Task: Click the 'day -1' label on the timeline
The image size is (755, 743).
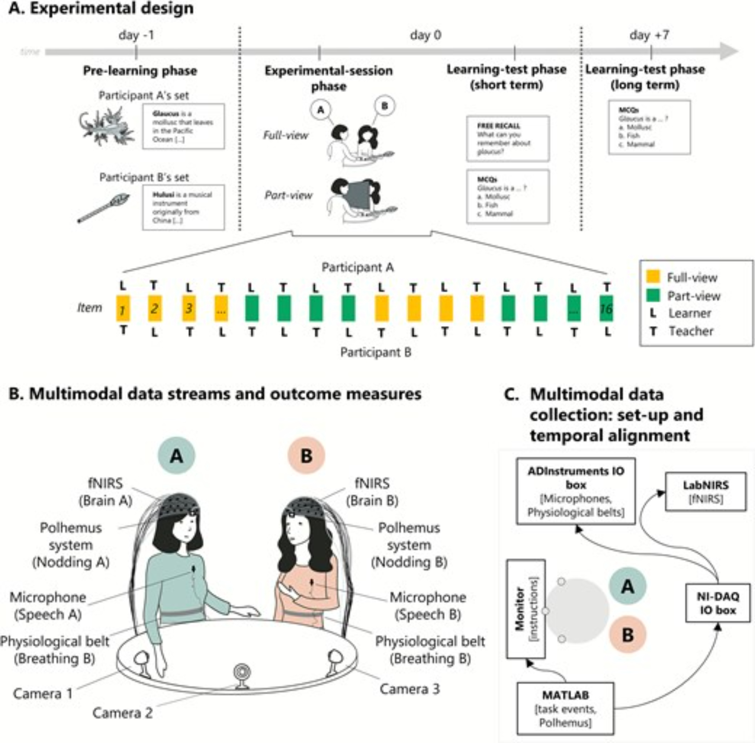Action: tap(136, 35)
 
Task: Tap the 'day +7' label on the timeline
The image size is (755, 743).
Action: tap(650, 35)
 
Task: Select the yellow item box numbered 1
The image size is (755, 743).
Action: tap(123, 309)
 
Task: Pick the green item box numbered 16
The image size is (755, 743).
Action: tap(606, 309)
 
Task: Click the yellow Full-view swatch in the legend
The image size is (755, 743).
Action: tap(653, 276)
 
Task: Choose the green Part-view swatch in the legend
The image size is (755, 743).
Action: tap(653, 295)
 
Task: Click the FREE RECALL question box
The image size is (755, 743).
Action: tap(507, 138)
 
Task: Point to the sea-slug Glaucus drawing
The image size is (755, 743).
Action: tap(106, 126)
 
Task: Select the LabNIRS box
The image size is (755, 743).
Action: tap(706, 491)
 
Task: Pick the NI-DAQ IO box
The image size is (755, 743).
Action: tap(718, 603)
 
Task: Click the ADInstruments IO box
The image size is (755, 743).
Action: tap(575, 491)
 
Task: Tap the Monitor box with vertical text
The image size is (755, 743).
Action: tap(526, 609)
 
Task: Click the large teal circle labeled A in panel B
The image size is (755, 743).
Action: tap(176, 455)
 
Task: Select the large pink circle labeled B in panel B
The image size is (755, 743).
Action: tap(306, 455)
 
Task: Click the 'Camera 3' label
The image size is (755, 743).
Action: tap(410, 689)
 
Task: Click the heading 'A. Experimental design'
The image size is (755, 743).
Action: tap(101, 9)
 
